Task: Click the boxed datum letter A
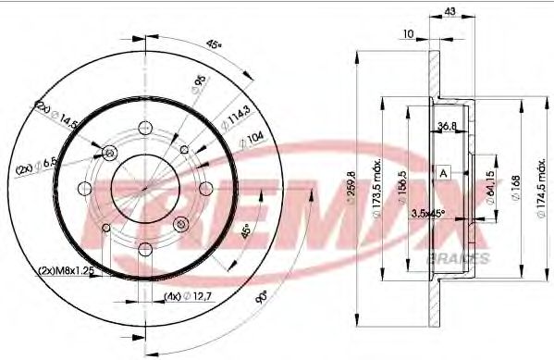point(444,173)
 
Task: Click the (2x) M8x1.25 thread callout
point(67,270)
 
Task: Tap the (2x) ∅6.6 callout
point(38,168)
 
